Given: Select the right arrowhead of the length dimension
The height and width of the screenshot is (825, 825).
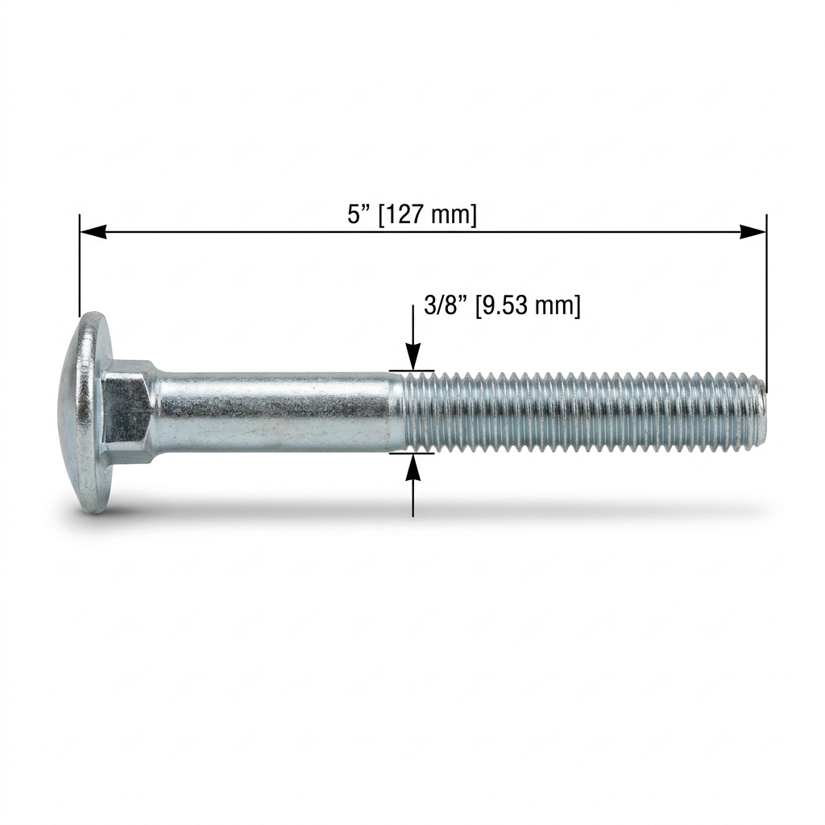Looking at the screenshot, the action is [753, 231].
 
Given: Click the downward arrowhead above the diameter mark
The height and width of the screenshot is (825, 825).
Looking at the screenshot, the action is [413, 357].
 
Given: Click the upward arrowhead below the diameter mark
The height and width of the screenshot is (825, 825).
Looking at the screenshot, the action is [413, 466].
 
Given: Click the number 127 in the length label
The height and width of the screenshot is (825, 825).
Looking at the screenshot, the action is [407, 214].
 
